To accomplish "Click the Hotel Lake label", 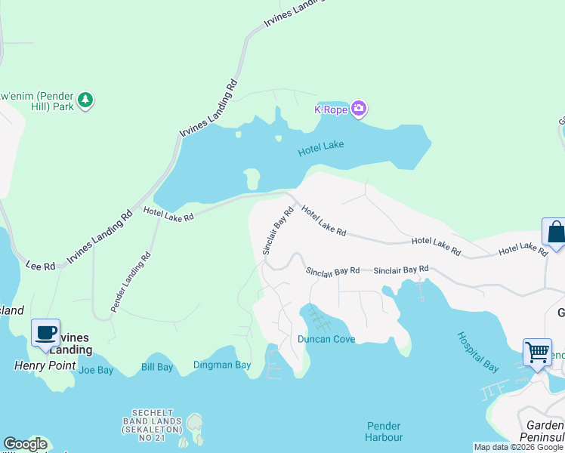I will [x=320, y=150].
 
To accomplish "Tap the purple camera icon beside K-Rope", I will [x=359, y=110].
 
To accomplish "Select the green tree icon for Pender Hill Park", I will [x=86, y=100].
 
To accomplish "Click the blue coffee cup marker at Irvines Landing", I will [x=45, y=332].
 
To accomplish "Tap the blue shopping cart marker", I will [x=536, y=350].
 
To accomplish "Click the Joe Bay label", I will [x=95, y=370].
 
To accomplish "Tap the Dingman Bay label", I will [x=222, y=365].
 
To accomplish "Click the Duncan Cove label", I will [x=326, y=340].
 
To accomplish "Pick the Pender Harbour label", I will [x=384, y=432].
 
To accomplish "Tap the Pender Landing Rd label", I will [x=130, y=282].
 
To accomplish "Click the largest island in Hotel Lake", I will [x=252, y=180].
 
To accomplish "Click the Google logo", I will [x=25, y=444].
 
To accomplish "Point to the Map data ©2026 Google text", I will [x=517, y=447].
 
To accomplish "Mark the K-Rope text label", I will [x=329, y=110].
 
